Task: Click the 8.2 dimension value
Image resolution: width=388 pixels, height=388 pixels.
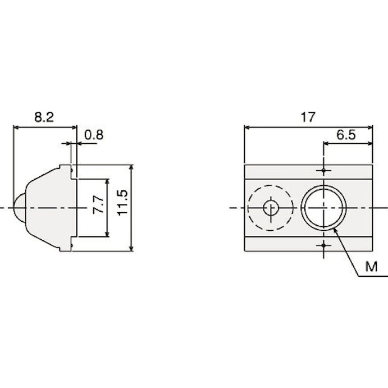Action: (x=44, y=117)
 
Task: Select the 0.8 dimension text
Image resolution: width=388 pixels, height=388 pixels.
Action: (x=94, y=135)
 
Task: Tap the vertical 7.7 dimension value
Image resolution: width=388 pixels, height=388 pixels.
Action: (x=98, y=204)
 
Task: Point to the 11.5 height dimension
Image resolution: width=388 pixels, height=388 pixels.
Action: (x=122, y=203)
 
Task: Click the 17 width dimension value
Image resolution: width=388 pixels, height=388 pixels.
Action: (x=308, y=117)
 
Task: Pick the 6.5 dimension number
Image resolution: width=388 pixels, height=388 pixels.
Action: (x=346, y=135)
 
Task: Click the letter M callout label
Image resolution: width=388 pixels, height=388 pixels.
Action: (x=371, y=267)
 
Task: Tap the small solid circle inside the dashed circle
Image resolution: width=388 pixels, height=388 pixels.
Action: (x=271, y=208)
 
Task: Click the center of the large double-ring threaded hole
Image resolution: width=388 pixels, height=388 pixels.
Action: (x=323, y=208)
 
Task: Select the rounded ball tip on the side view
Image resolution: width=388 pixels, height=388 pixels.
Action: (x=19, y=208)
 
